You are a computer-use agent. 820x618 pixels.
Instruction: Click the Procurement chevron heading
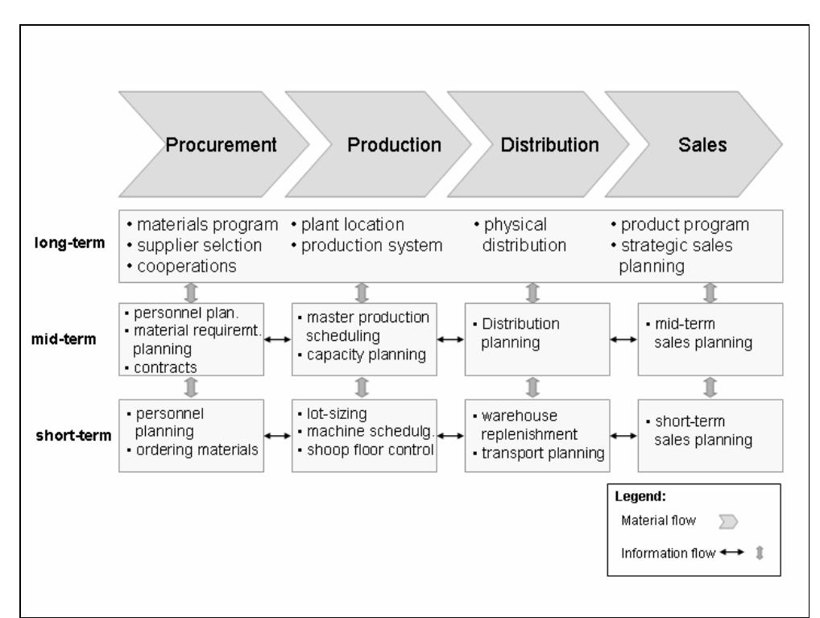(x=221, y=145)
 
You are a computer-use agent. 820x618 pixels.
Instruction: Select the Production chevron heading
(x=394, y=145)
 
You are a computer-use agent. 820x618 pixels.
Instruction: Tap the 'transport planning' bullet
(x=540, y=453)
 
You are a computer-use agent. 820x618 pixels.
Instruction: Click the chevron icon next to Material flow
(x=728, y=523)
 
